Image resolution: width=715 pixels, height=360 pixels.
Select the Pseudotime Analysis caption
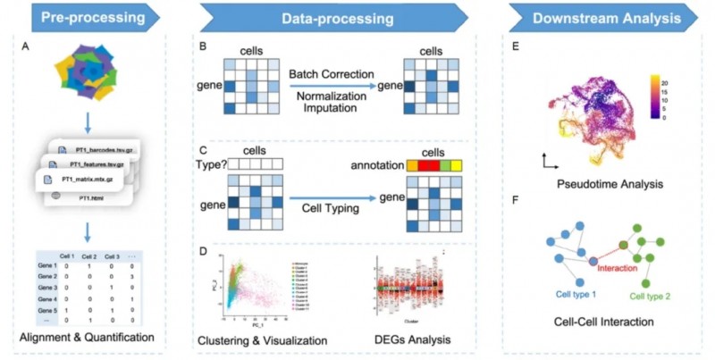610,185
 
